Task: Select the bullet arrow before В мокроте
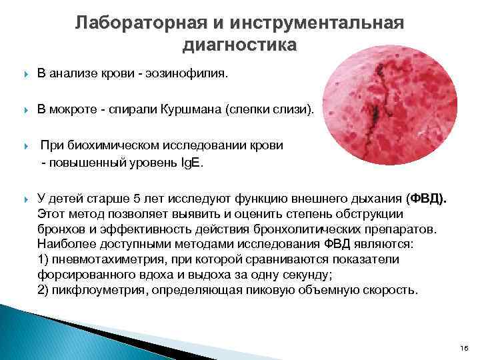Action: click(x=25, y=109)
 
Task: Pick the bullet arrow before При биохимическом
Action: click(x=25, y=145)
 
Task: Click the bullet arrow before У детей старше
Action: click(x=25, y=199)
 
